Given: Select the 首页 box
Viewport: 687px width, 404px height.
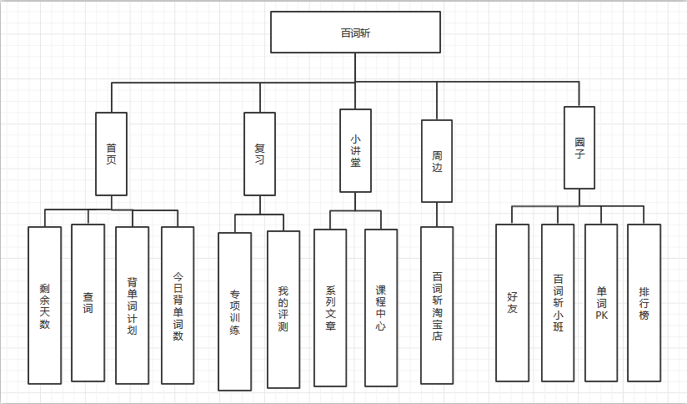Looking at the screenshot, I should (112, 154).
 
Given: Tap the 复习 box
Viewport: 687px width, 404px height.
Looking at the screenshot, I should (259, 154).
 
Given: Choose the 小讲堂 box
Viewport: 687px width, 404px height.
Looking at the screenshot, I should (355, 151).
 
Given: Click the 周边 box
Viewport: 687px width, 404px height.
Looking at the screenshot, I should (437, 161).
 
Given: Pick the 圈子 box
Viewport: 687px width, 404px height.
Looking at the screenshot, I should (579, 147).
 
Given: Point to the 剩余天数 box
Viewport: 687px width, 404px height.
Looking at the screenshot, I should (45, 306).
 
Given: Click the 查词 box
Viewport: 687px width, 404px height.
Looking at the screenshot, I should (88, 302).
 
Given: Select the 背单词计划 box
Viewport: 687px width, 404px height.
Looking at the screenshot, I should (132, 306).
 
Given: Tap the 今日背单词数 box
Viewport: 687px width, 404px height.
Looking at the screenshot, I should (178, 306).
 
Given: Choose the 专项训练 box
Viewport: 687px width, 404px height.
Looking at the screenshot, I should (234, 311).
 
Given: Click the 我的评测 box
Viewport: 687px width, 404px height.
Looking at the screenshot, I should (283, 310).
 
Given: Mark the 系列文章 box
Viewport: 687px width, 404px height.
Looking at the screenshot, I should (330, 308).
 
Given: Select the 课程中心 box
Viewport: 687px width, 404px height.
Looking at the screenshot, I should (381, 308).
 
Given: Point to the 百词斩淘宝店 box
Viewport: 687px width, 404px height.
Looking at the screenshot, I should (437, 306).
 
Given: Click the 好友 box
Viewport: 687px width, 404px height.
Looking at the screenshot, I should (512, 302).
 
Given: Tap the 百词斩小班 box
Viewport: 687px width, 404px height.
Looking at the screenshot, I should (558, 302).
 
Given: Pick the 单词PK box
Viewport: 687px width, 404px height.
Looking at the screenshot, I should (601, 302).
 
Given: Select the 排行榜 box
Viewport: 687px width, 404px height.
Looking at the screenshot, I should (644, 302).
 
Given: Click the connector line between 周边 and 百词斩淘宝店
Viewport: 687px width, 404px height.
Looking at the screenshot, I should (437, 215).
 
